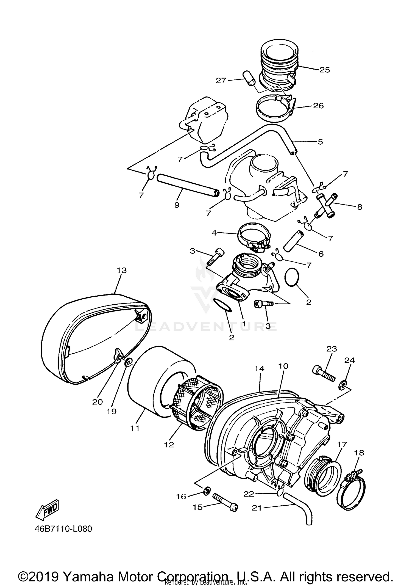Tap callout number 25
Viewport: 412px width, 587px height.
tap(324, 70)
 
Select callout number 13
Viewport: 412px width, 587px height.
tap(122, 271)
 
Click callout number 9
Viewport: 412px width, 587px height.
tap(177, 205)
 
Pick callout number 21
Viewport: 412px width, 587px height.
tap(257, 508)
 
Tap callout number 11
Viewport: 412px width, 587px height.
tap(135, 428)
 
